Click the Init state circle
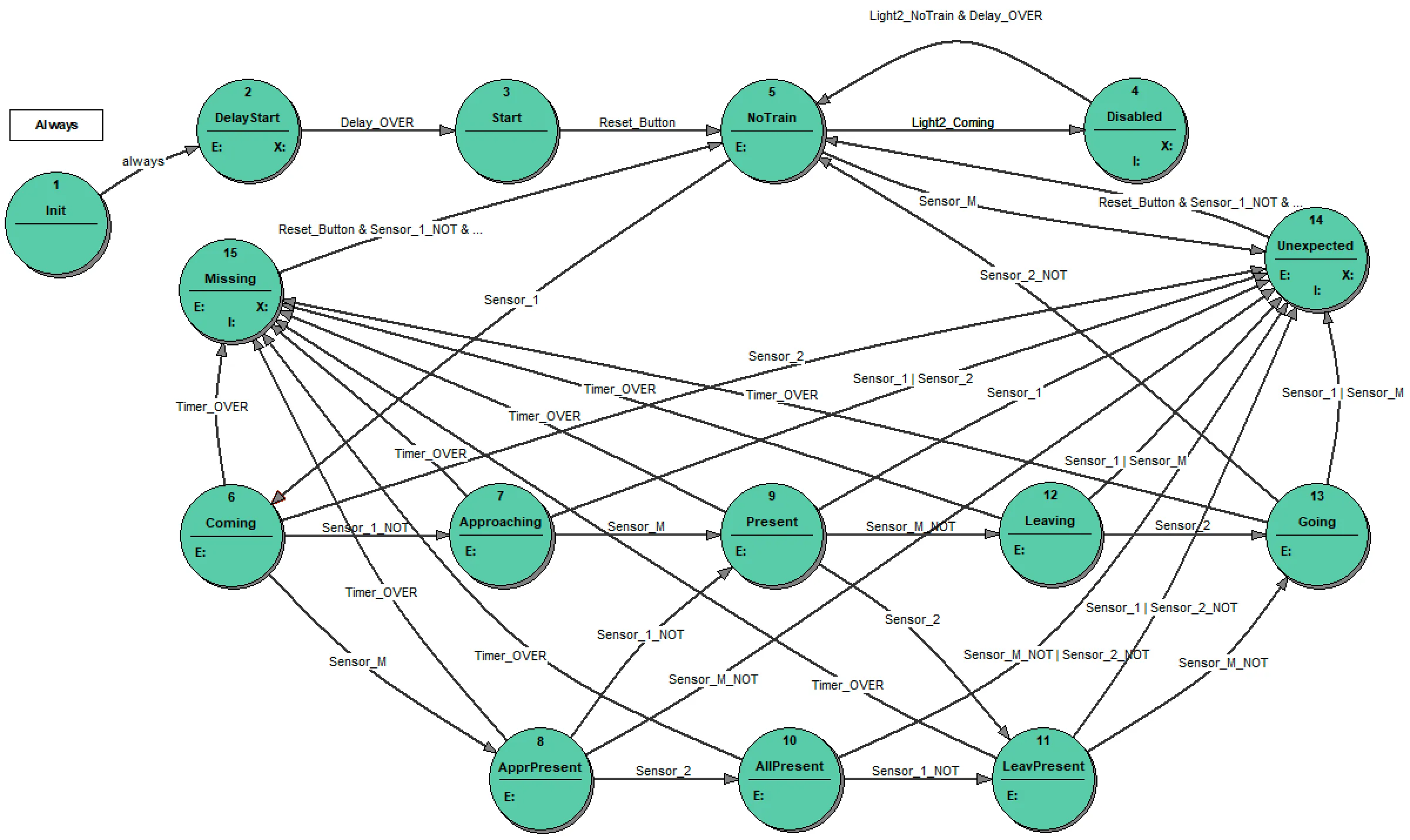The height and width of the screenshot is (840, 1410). (56, 223)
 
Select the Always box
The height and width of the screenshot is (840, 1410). (56, 125)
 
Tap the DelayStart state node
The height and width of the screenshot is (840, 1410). (247, 130)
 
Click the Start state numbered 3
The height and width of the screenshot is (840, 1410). (506, 130)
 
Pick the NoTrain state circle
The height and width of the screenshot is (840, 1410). (771, 130)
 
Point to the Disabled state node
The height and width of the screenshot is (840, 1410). (1134, 130)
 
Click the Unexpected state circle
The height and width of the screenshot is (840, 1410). (1315, 258)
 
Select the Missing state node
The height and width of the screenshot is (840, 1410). (230, 291)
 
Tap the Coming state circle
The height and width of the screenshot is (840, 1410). (231, 535)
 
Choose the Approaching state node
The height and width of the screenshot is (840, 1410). (501, 534)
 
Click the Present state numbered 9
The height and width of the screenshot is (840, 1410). (772, 535)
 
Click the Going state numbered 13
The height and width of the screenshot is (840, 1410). (1317, 535)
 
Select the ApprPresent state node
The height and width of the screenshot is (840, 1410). (540, 779)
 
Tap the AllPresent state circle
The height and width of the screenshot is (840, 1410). (790, 779)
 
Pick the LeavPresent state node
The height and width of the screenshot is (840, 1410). (1043, 779)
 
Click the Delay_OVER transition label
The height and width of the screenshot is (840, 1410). (377, 122)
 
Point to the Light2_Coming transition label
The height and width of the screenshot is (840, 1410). (952, 122)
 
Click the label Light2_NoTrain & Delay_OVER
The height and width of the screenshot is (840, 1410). (955, 16)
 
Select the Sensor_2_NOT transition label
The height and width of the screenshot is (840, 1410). (1023, 275)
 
